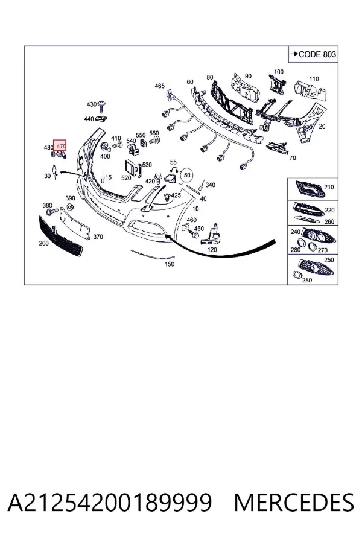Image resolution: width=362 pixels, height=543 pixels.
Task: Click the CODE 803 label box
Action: [313, 54]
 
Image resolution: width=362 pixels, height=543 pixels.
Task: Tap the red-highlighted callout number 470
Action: [60, 146]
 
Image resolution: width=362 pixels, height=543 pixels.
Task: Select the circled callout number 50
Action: [187, 175]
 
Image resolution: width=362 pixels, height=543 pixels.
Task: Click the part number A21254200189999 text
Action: [109, 503]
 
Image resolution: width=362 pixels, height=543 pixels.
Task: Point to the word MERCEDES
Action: [294, 503]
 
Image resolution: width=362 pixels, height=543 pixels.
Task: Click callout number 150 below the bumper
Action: [170, 264]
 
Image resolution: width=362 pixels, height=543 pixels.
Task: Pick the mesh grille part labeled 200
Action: [60, 236]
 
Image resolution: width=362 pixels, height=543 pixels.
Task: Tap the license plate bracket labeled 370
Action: [75, 223]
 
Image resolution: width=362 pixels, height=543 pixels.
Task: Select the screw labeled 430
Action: [101, 106]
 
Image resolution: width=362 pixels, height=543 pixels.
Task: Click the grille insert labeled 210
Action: [309, 189]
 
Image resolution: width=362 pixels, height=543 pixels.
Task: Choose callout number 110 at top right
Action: [314, 79]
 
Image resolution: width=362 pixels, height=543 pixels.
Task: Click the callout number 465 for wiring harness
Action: [160, 86]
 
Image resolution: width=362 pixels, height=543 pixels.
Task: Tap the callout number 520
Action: [126, 177]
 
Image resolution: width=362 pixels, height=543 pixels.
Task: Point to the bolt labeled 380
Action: [52, 212]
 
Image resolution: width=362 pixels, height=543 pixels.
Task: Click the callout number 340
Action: [211, 185]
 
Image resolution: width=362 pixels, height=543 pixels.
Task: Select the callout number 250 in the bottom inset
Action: [329, 259]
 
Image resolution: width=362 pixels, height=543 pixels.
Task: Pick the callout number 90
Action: [248, 76]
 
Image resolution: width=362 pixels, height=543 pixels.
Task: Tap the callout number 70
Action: [293, 158]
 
